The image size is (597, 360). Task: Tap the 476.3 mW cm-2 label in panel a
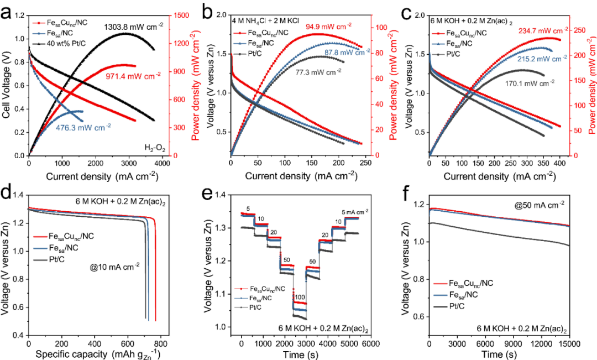click(x=83, y=126)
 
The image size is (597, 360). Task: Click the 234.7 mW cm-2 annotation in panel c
click(x=543, y=31)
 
